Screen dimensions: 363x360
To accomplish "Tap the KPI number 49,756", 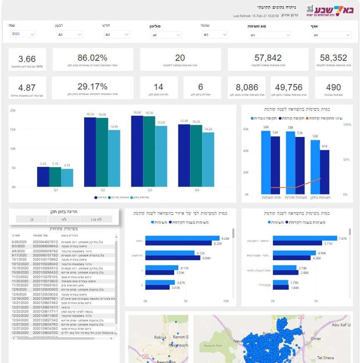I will [x=289, y=87].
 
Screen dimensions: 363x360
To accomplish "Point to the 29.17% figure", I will [x=92, y=87].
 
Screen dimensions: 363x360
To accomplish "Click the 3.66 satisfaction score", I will [x=27, y=59].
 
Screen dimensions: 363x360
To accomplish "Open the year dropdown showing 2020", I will [x=23, y=34].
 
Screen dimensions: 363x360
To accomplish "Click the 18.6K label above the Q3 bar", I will [x=137, y=113].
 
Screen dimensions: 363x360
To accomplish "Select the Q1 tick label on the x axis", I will [x=55, y=190].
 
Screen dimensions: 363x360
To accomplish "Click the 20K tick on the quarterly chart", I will [x=13, y=110].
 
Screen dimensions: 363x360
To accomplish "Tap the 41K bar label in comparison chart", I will [x=325, y=146].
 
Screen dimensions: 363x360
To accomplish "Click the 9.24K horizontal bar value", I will [x=225, y=239].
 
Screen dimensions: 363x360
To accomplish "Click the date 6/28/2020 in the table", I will [x=20, y=241].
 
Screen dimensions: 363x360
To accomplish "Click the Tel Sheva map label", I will [x=326, y=358].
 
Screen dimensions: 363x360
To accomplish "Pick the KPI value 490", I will [x=333, y=87].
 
